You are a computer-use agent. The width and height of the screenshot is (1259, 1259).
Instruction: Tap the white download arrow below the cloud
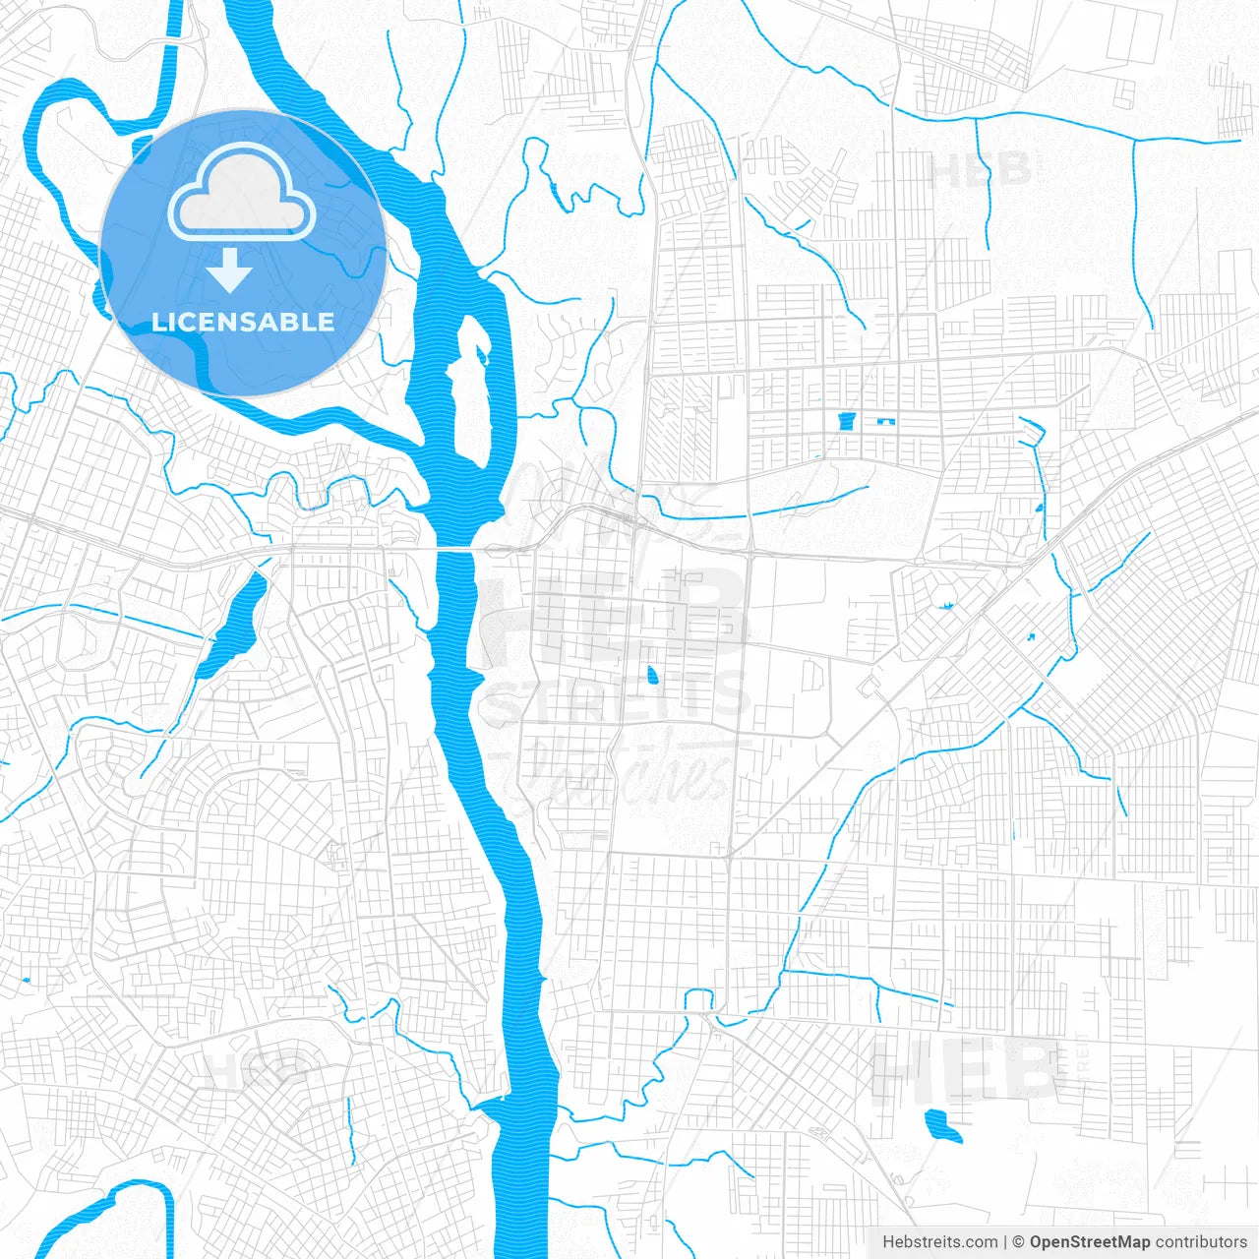pos(230,270)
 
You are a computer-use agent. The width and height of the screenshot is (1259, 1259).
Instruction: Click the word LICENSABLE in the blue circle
pos(243,322)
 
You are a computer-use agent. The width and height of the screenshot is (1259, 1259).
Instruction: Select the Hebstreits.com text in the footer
pos(939,1242)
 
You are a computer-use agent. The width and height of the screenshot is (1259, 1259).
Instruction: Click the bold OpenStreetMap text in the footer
pos(1089,1242)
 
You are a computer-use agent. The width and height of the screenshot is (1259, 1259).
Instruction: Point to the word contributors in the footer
pos(1200,1242)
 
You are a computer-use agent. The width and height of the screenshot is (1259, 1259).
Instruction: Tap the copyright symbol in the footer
pos(1018,1242)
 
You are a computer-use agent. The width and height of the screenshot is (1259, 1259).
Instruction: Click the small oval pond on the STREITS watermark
pos(652,676)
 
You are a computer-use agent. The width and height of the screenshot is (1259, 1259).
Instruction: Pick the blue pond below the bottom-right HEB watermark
pos(942,1125)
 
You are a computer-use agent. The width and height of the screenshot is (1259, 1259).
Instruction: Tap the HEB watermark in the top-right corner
pos(980,169)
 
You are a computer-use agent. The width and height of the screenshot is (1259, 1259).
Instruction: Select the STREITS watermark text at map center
pos(618,697)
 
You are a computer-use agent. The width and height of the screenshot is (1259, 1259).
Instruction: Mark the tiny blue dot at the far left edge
pos(25,980)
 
